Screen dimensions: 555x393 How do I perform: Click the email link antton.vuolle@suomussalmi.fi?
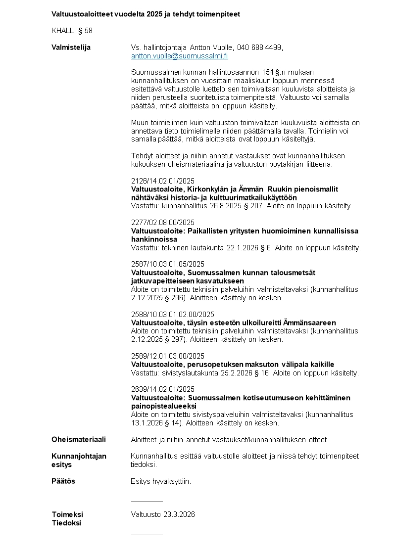pos(179,56)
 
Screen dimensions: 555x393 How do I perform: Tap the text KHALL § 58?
pos(72,31)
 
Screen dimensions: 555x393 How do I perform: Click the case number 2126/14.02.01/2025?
pos(163,181)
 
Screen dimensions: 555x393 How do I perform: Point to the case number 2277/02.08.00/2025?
pos(163,222)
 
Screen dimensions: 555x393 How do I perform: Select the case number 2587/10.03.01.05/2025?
pos(168,264)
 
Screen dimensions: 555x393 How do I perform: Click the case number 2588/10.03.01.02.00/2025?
pos(173,314)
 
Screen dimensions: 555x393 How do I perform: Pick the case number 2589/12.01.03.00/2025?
pos(168,356)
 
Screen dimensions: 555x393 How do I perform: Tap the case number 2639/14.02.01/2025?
pos(163,389)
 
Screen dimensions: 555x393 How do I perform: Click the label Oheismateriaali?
pos(79,439)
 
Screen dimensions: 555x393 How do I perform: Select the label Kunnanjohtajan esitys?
pos(79,460)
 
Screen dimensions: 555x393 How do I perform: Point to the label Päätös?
pos(63,481)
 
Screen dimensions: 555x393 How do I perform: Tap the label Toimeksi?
pos(67,514)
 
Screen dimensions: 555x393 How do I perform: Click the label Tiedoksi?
pos(66,523)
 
